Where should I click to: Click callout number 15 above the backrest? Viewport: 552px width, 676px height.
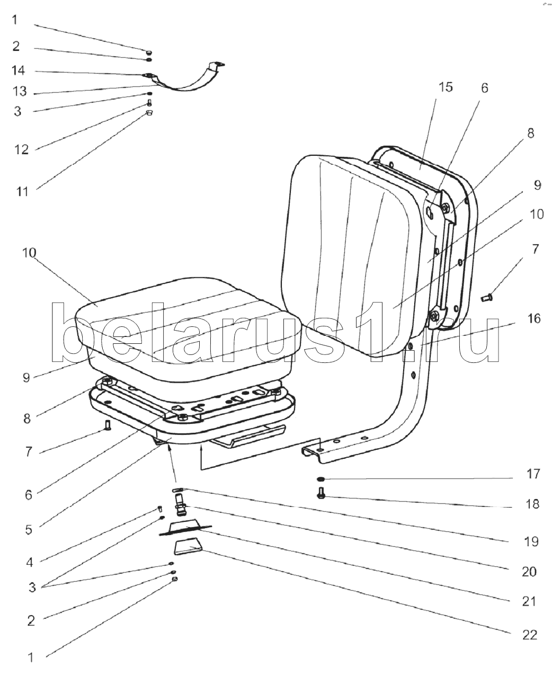(x=446, y=87)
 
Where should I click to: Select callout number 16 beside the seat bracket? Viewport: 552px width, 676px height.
(x=533, y=318)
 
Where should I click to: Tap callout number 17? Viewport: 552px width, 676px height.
(x=533, y=474)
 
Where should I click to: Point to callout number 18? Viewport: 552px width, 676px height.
(x=533, y=504)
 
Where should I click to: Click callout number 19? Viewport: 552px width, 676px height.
(x=530, y=541)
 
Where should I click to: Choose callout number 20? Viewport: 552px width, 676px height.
(x=529, y=572)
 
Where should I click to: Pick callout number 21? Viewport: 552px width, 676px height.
(x=529, y=601)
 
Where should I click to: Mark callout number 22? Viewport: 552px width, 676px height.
(x=529, y=634)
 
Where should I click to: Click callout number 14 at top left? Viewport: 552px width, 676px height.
(x=18, y=71)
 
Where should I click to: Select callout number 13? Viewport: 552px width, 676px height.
(x=20, y=92)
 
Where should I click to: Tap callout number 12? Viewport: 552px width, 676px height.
(x=21, y=149)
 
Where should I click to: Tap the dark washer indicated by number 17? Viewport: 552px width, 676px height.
(x=321, y=479)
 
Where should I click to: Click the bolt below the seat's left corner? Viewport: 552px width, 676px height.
(x=108, y=424)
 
